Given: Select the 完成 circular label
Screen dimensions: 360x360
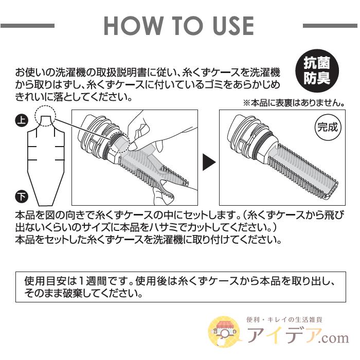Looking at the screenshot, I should tap(326, 127).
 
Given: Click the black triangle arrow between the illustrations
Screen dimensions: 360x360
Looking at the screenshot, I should tap(208, 163).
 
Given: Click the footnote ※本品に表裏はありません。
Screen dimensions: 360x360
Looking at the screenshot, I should tap(294, 103).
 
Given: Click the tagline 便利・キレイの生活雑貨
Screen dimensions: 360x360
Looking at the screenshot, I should tap(293, 319).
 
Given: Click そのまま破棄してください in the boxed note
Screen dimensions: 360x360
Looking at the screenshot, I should tap(82, 295).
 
